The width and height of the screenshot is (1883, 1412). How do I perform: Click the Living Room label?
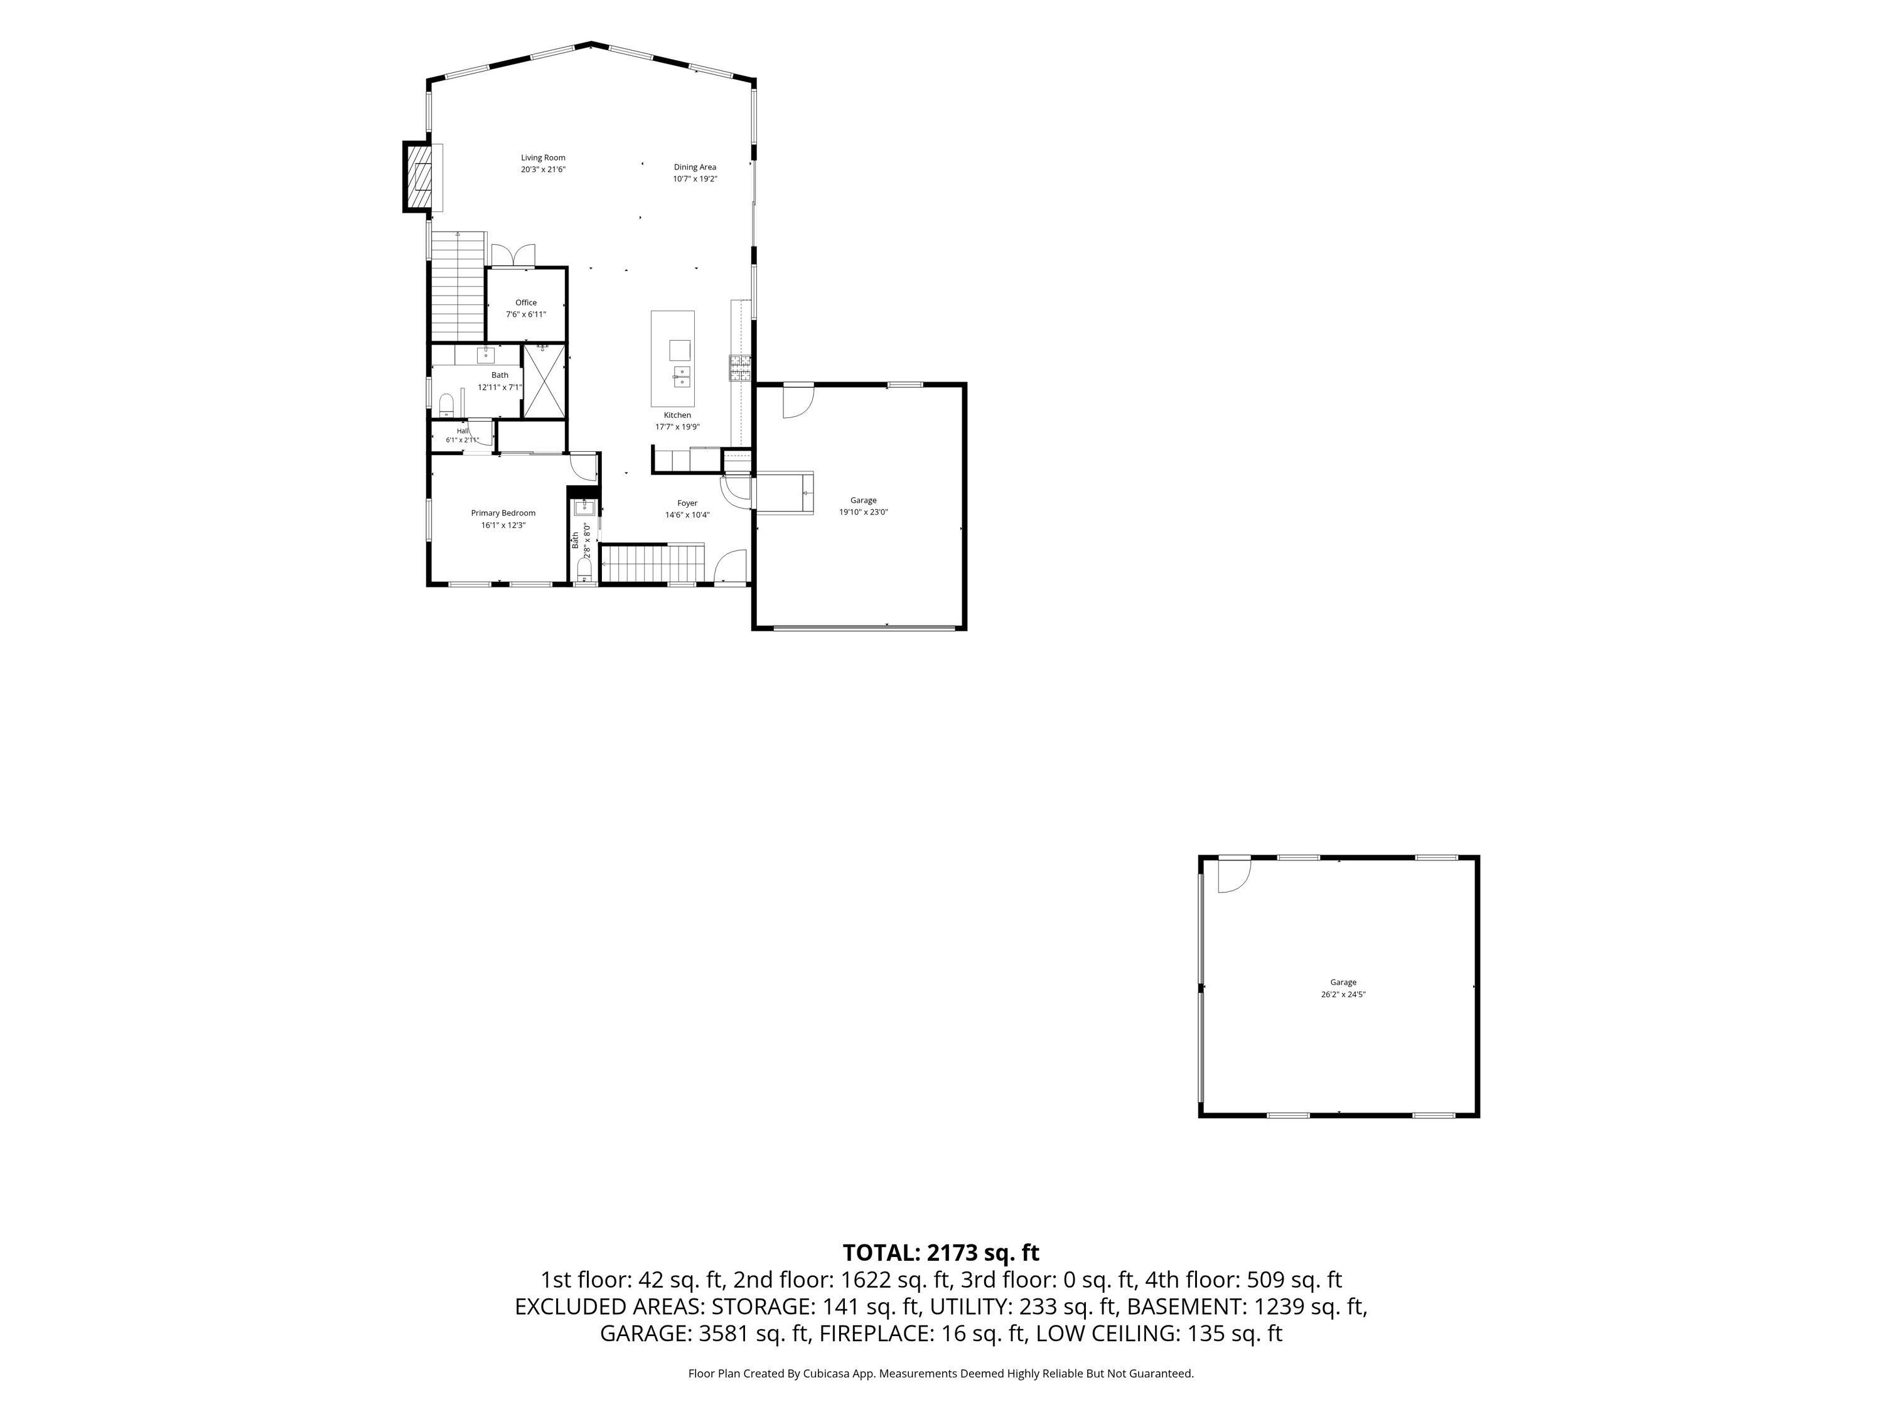[543, 158]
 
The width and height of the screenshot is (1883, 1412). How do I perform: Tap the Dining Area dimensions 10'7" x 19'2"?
[695, 179]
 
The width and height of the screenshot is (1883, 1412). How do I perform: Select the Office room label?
[526, 302]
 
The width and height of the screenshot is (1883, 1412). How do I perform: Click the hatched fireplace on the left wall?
[419, 177]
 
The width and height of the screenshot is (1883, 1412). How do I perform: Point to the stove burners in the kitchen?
[740, 368]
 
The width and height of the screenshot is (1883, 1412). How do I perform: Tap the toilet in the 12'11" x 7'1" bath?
[445, 402]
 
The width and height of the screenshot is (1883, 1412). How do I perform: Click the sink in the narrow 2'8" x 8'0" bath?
[584, 508]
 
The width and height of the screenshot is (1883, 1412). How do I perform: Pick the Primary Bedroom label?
[503, 513]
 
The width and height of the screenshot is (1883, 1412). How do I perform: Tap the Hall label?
[462, 431]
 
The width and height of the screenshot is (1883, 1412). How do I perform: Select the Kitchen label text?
[678, 415]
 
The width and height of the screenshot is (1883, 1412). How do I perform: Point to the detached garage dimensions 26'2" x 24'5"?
[1343, 994]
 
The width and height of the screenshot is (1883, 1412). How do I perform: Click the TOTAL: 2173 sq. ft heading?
[941, 1253]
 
